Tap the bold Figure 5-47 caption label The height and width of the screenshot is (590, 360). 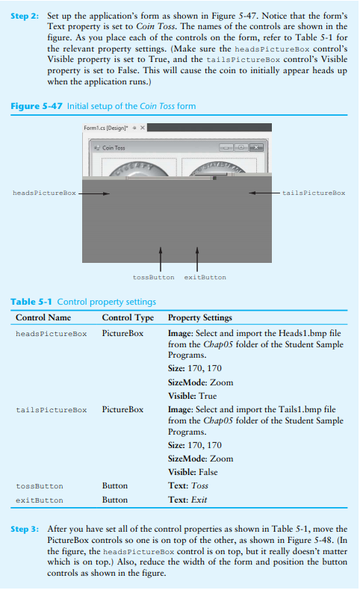point(37,106)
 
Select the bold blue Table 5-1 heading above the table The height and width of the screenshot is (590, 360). point(32,302)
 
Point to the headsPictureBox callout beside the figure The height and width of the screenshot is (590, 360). point(45,193)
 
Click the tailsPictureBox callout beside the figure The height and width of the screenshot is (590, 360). point(314,193)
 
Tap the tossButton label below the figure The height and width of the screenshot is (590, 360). point(153,277)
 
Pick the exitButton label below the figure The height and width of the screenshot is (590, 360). point(205,277)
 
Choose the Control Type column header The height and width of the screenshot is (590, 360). point(127,318)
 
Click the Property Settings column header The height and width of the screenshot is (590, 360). point(200,318)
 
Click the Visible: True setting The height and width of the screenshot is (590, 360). point(193,396)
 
